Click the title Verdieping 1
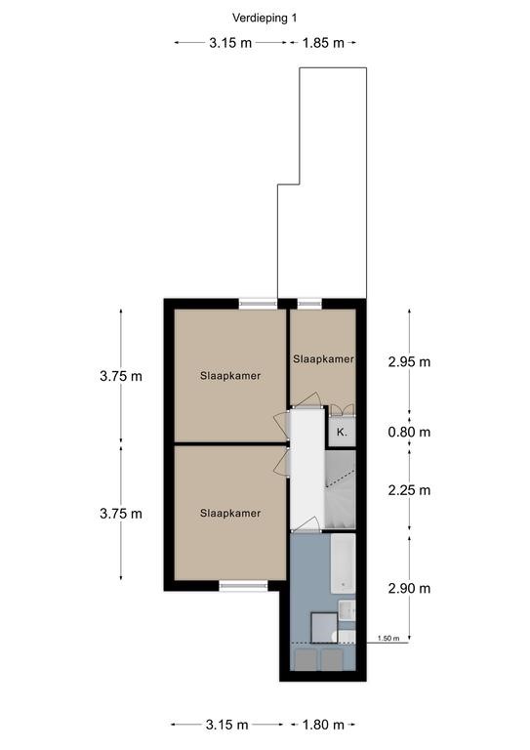pos(265,19)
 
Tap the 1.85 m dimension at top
pos(323,43)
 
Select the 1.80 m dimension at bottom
pos(323,725)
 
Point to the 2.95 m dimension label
pos(409,362)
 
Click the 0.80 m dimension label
pos(409,433)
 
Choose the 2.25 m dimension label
pos(409,490)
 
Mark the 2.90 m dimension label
pos(409,588)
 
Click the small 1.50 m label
pos(388,638)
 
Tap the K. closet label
pos(342,433)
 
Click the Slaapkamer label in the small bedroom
pos(323,358)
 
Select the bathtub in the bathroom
pos(344,563)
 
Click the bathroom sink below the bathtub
pos(347,610)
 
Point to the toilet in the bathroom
pos(344,636)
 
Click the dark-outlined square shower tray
pos(324,627)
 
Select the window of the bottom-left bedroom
pos(243,586)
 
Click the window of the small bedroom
pos(309,304)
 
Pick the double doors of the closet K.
pos(342,411)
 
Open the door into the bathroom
pos(306,524)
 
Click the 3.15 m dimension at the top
pos(230,43)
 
